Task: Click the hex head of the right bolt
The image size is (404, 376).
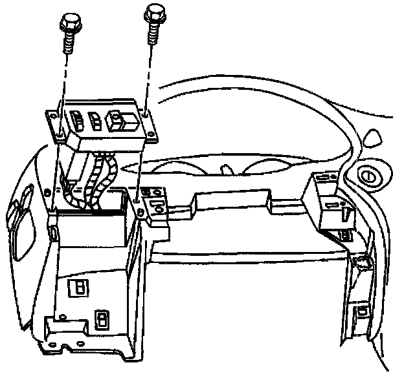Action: click(153, 12)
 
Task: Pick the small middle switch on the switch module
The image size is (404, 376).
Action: click(95, 120)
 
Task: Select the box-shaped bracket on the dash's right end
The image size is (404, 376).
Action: click(329, 202)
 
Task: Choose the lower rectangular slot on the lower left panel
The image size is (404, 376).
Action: click(102, 319)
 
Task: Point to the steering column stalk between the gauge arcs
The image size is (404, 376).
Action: click(226, 171)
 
